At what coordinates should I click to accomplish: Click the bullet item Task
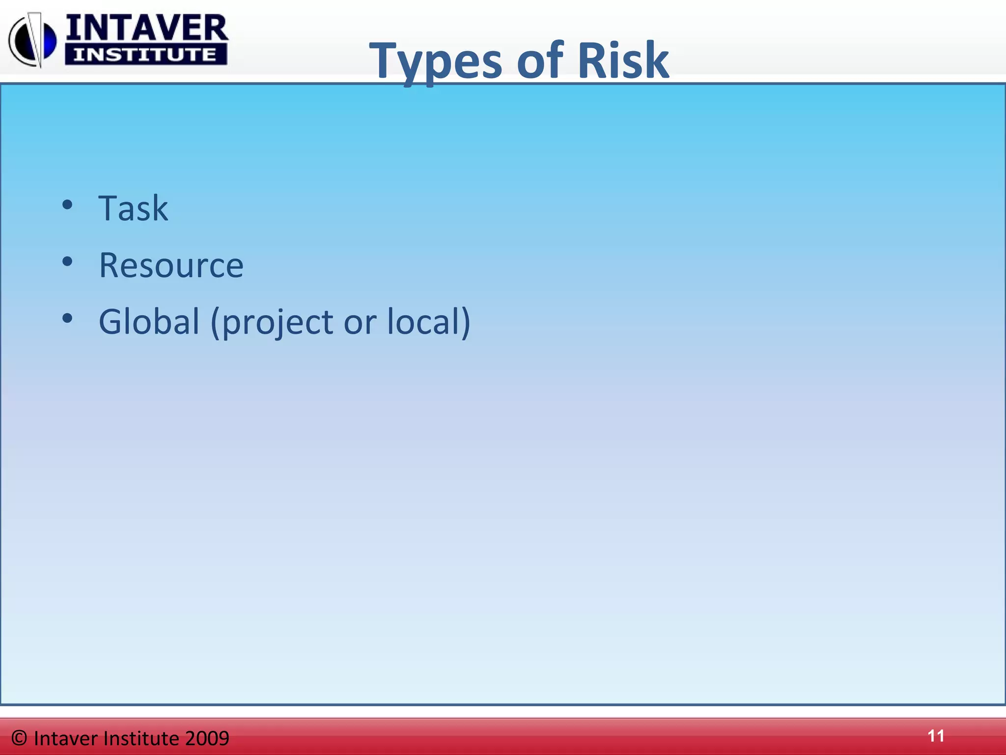[133, 208]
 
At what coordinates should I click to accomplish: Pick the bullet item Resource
[171, 265]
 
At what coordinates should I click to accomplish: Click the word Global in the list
[148, 321]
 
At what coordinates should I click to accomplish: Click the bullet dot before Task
[67, 205]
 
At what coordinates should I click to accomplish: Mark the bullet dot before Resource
[67, 261]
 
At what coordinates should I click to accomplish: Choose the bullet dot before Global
[67, 319]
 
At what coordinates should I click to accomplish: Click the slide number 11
[936, 736]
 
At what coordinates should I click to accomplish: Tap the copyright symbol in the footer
[19, 738]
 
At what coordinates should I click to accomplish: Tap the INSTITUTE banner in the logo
[145, 54]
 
